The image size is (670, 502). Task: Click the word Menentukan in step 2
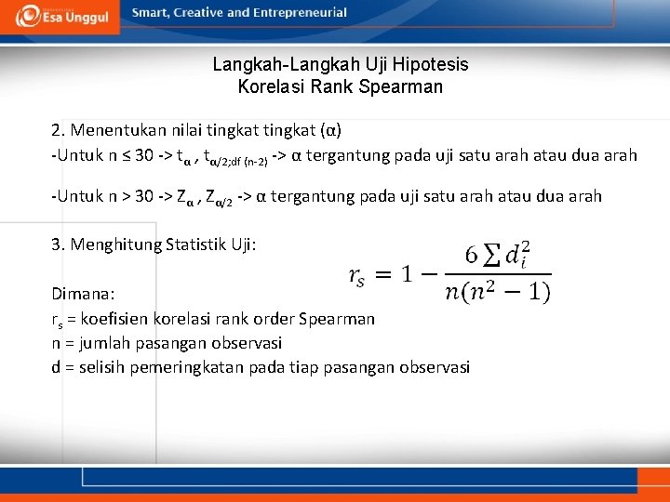coord(114,128)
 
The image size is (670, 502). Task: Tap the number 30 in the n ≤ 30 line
coord(144,155)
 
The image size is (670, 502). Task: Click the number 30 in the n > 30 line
coord(145,196)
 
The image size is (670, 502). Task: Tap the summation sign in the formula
coord(488,253)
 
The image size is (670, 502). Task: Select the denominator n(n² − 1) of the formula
coord(498,292)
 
